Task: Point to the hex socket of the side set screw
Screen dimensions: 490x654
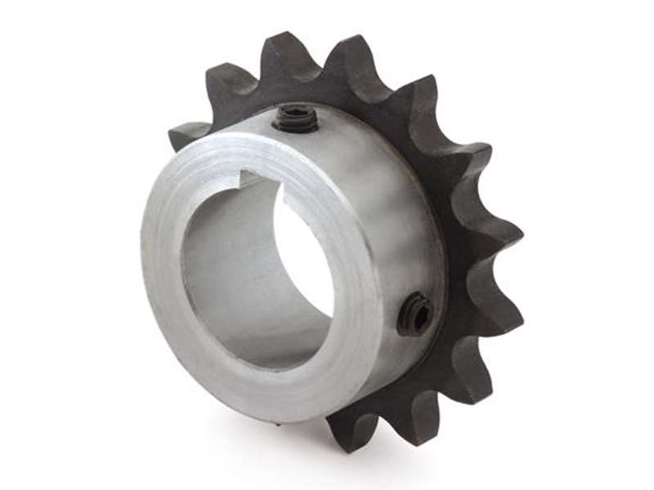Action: point(418,312)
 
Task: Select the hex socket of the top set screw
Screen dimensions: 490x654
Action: point(297,117)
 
